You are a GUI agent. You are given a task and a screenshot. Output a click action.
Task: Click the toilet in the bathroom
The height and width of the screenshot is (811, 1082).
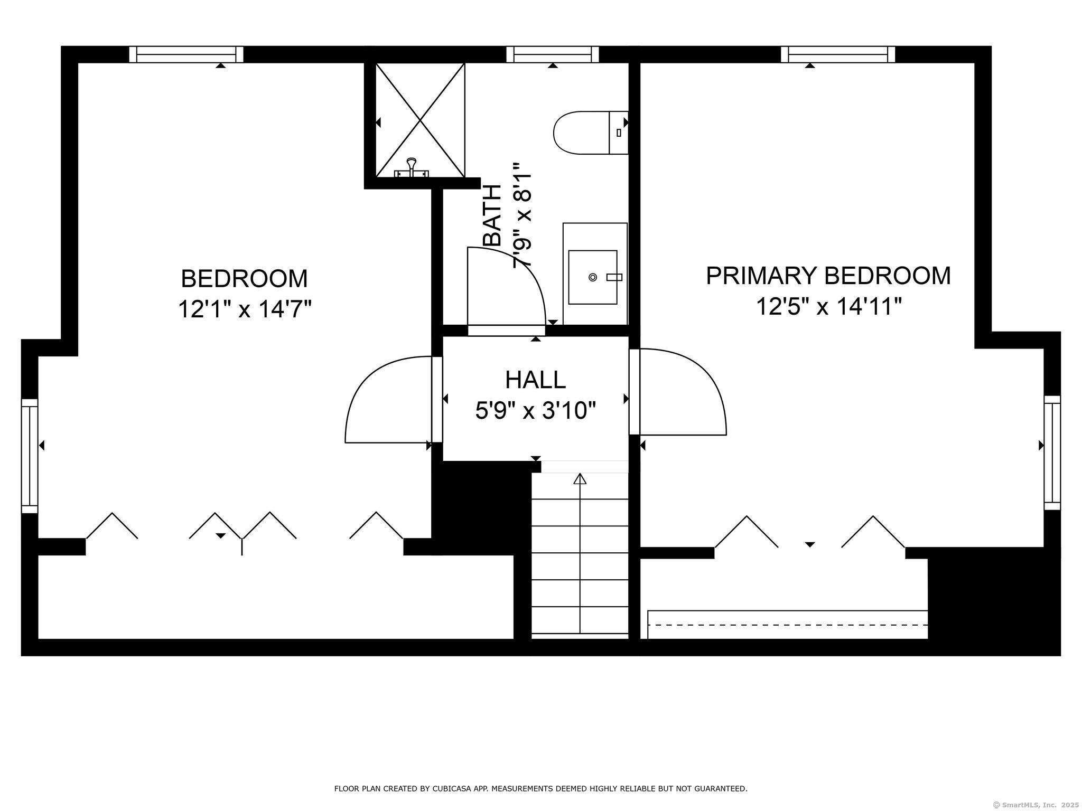pyautogui.click(x=591, y=133)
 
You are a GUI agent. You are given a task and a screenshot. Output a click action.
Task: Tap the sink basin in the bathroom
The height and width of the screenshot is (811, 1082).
pyautogui.click(x=593, y=277)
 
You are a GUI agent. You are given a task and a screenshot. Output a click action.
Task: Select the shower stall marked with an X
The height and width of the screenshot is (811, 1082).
pyautogui.click(x=420, y=120)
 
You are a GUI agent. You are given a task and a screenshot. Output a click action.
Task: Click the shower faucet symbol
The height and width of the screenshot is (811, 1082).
pyautogui.click(x=412, y=167)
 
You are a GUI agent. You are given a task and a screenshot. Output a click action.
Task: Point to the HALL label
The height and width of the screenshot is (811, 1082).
pyautogui.click(x=535, y=380)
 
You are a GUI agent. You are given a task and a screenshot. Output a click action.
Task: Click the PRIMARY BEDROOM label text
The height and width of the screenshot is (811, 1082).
pyautogui.click(x=828, y=276)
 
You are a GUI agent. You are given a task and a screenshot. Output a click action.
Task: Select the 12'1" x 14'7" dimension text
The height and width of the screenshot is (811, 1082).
pyautogui.click(x=245, y=309)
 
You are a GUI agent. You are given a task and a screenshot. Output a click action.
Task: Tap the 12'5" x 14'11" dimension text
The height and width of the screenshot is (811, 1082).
pyautogui.click(x=828, y=306)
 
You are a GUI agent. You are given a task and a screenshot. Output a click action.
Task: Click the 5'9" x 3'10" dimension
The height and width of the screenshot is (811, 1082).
pyautogui.click(x=535, y=410)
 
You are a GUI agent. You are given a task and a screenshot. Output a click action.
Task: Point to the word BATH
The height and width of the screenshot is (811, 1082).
pyautogui.click(x=492, y=215)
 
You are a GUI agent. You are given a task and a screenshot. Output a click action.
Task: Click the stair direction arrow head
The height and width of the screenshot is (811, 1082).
pyautogui.click(x=580, y=479)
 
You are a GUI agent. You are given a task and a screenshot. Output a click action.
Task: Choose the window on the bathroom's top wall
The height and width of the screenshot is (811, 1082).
pyautogui.click(x=553, y=54)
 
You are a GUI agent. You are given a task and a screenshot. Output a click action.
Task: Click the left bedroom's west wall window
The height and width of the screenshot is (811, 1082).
pyautogui.click(x=30, y=456)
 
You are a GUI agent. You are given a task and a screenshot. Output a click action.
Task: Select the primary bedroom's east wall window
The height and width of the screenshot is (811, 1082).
pyautogui.click(x=1052, y=452)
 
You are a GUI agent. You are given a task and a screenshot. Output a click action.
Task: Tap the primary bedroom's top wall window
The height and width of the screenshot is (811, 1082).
pyautogui.click(x=838, y=54)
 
